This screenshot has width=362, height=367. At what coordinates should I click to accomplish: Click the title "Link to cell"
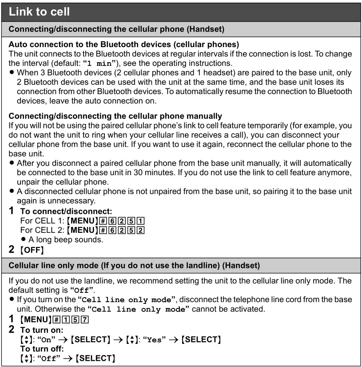coord(40,11)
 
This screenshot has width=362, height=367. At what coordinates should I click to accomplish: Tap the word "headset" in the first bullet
coord(216,72)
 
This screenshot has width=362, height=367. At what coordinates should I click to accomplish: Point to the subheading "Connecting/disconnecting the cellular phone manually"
coord(115,116)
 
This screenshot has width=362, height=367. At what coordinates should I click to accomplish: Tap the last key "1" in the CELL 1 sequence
coord(141,221)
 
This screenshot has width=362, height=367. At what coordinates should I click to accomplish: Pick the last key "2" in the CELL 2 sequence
coord(141,230)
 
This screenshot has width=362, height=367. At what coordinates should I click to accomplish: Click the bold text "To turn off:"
coord(41,349)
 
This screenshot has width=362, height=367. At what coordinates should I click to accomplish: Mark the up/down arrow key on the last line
coord(24,358)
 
